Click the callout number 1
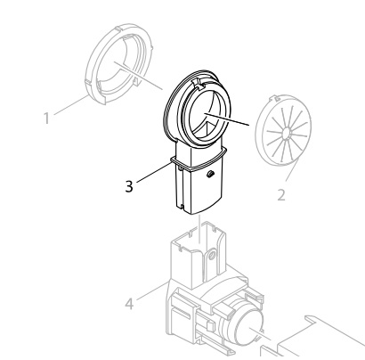[x=46, y=119]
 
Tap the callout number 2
[x=281, y=195]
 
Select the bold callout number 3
[x=129, y=186]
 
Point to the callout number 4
[x=129, y=304]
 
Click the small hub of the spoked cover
[x=287, y=133]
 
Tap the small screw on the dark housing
[x=210, y=174]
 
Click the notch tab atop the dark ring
[x=199, y=84]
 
